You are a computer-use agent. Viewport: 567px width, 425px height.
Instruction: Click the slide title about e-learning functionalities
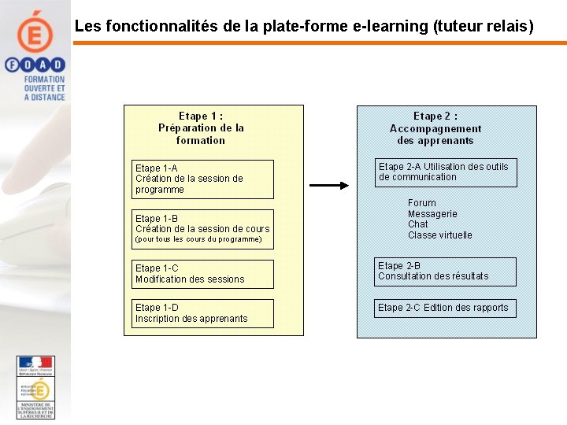coord(304,26)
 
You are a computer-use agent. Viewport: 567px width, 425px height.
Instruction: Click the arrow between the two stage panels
coord(328,186)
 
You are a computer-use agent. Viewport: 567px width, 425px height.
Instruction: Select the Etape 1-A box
coord(203,179)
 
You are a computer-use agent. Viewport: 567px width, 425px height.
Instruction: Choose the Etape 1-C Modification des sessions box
coord(203,274)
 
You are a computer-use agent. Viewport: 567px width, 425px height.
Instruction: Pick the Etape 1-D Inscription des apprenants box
coord(203,313)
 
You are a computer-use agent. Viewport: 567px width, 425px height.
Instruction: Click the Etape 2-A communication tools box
coord(446,172)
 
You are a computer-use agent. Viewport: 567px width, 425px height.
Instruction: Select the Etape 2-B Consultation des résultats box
coord(446,272)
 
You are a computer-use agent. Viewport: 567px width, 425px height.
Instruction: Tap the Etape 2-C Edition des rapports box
coord(446,308)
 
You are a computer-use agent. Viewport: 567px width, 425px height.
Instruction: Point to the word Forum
coord(422,203)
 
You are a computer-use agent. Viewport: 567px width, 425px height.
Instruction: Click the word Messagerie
coord(432,214)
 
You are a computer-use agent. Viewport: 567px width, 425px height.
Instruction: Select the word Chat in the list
coord(418,224)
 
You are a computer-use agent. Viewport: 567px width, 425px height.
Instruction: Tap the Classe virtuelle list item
coord(439,235)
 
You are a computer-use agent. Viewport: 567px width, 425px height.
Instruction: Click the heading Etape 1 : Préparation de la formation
coord(201,128)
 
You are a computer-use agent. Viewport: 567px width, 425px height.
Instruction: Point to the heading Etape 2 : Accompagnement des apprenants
coord(435,128)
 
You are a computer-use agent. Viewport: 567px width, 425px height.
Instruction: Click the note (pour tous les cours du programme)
coord(198,239)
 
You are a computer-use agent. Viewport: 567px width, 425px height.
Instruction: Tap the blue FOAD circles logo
coord(35,65)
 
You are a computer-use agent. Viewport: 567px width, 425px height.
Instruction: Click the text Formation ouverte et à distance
coord(44,88)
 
